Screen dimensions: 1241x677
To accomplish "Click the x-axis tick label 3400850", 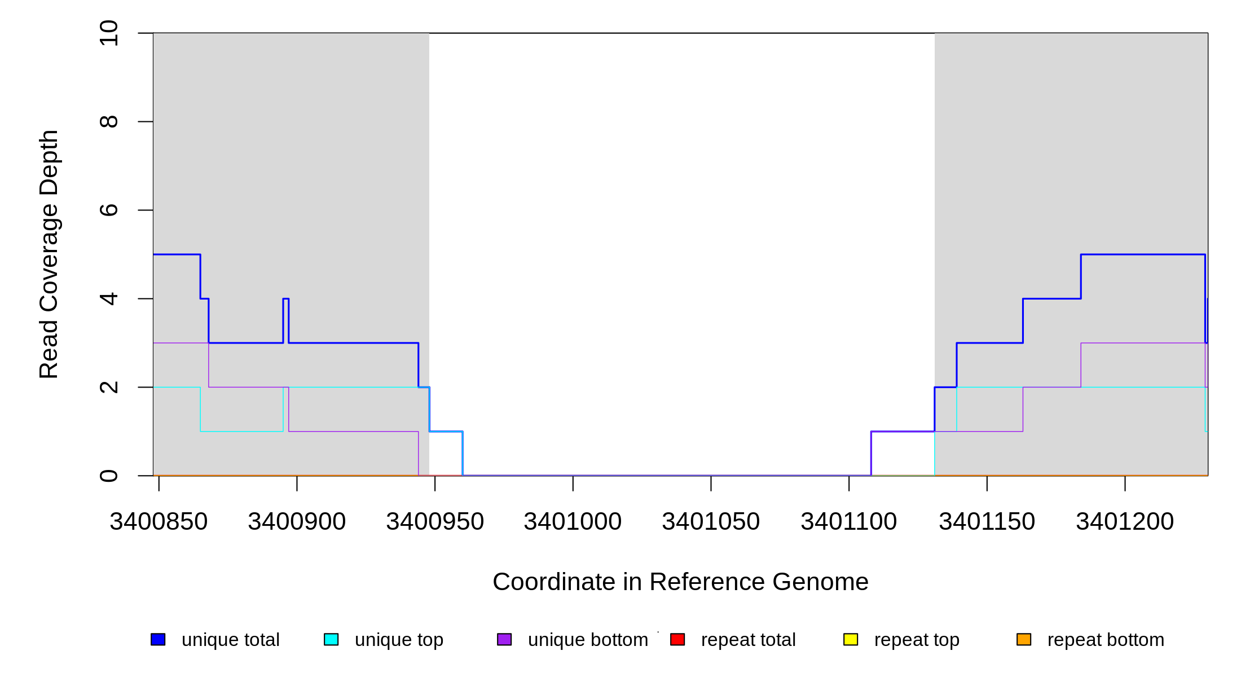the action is (x=159, y=521).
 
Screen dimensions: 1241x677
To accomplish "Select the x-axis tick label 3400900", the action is (x=297, y=521).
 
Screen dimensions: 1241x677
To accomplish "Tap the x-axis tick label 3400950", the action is (x=435, y=521).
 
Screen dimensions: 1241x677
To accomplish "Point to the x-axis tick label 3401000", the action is (x=573, y=521).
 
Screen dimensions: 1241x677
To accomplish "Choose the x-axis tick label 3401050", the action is (x=711, y=521).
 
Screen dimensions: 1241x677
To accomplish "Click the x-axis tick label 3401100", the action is (x=849, y=521).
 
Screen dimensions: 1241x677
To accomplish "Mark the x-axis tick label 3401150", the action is (x=987, y=521).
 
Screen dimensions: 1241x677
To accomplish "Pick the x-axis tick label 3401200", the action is (x=1125, y=521).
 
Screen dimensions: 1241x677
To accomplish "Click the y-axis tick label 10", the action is (x=108, y=33).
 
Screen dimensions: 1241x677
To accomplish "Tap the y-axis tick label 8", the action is (x=108, y=121).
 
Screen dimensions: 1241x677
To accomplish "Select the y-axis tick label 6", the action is (x=108, y=210).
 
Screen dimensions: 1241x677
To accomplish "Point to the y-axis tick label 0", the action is (x=108, y=476).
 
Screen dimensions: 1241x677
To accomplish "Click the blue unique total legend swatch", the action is (x=158, y=639).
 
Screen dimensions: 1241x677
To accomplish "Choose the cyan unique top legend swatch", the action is (x=331, y=639).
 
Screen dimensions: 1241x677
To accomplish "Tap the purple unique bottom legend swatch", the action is (x=504, y=639).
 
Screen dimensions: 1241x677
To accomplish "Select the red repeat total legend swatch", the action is (x=677, y=639).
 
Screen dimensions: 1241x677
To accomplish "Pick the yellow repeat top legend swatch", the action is (x=851, y=639).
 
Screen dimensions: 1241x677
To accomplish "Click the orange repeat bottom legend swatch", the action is (x=1024, y=639).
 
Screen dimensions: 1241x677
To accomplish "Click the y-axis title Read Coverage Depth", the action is (x=49, y=254).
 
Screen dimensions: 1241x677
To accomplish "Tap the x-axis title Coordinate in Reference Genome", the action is (x=680, y=582).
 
